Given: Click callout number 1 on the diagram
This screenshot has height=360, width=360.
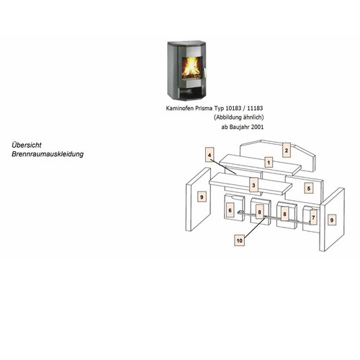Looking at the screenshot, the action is click(x=269, y=163).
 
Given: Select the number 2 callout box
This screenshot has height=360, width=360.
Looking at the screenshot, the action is click(x=287, y=150).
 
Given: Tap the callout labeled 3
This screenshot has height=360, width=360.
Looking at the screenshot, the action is click(x=253, y=185).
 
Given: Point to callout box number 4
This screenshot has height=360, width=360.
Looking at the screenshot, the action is click(x=210, y=155).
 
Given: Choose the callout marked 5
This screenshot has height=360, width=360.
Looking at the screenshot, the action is click(x=309, y=189).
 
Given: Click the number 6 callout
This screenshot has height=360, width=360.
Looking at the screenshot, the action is click(x=230, y=210).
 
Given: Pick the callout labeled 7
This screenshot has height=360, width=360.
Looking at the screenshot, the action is click(x=313, y=217).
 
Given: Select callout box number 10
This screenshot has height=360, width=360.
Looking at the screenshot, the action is click(x=240, y=240).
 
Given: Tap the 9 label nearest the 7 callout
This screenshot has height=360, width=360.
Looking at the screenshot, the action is click(x=332, y=220).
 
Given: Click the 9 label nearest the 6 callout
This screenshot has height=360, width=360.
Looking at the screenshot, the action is click(x=202, y=197).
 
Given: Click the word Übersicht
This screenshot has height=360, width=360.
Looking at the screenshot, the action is click(x=27, y=145).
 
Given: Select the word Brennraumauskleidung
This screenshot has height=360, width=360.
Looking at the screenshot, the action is click(x=48, y=154).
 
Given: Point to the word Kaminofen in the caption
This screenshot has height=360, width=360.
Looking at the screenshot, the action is click(x=176, y=108).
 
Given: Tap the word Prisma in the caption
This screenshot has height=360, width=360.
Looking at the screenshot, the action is click(x=197, y=108).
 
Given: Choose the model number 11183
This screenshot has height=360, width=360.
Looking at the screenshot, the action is click(x=255, y=108).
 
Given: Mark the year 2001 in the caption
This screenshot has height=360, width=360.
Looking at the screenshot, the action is click(x=257, y=127).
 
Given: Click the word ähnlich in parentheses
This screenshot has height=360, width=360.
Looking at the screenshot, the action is click(x=253, y=117).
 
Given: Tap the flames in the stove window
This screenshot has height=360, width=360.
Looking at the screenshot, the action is click(x=190, y=67).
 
